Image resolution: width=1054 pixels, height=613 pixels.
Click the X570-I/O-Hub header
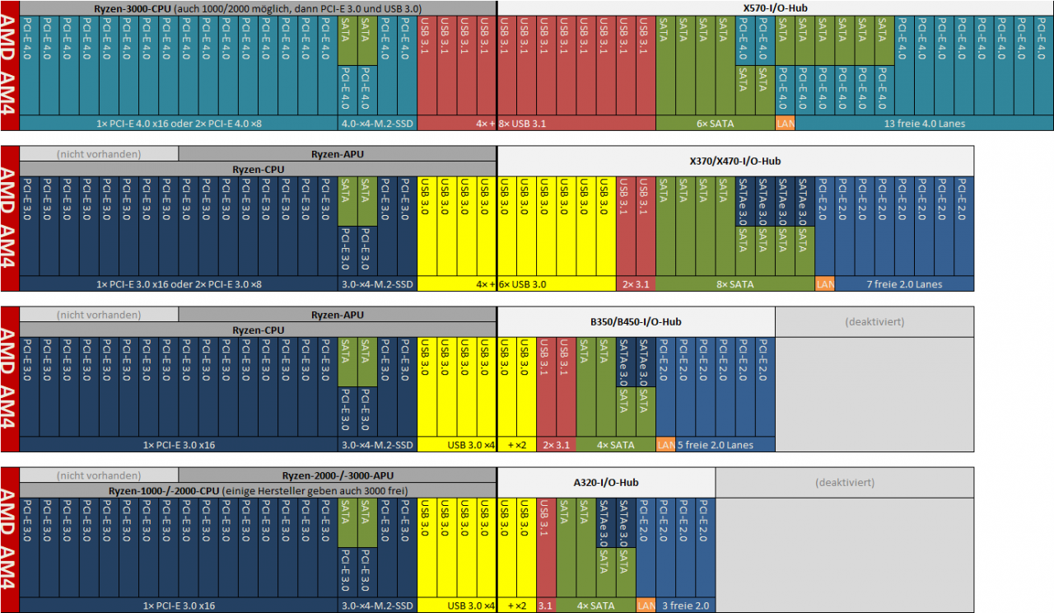pyautogui.click(x=775, y=8)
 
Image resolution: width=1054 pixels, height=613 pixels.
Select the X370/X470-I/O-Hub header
pyautogui.click(x=735, y=161)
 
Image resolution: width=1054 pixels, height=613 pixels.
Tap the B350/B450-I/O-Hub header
pyautogui.click(x=637, y=322)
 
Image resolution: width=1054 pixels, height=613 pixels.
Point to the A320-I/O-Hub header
pyautogui.click(x=606, y=483)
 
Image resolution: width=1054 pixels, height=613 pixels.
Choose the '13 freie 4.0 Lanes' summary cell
pyautogui.click(x=924, y=124)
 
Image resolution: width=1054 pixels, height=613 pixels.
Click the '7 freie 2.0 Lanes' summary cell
pyautogui.click(x=904, y=284)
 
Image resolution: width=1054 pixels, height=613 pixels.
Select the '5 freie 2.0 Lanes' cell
pyautogui.click(x=716, y=445)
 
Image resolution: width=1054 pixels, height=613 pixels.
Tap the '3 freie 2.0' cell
pyautogui.click(x=686, y=606)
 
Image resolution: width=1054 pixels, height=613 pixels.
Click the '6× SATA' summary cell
pyautogui.click(x=716, y=124)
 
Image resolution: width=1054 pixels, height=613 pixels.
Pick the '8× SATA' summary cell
pyautogui.click(x=735, y=284)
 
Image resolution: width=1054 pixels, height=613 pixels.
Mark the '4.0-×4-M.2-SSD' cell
pyautogui.click(x=377, y=124)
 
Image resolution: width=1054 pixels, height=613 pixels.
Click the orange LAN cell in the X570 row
pyautogui.click(x=786, y=124)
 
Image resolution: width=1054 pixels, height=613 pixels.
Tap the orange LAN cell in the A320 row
pyautogui.click(x=646, y=606)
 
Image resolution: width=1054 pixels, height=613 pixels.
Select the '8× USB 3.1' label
pyautogui.click(x=522, y=124)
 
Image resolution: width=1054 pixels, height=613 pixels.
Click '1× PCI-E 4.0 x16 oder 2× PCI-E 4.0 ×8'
pyautogui.click(x=179, y=124)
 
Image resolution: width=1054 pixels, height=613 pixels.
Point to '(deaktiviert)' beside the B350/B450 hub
pyautogui.click(x=874, y=322)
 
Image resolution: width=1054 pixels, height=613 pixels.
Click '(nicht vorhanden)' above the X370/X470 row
pyautogui.click(x=99, y=154)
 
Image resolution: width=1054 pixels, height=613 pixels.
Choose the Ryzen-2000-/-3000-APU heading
pyautogui.click(x=338, y=475)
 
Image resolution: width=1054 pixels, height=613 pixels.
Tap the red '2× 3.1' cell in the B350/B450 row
pyautogui.click(x=556, y=445)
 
